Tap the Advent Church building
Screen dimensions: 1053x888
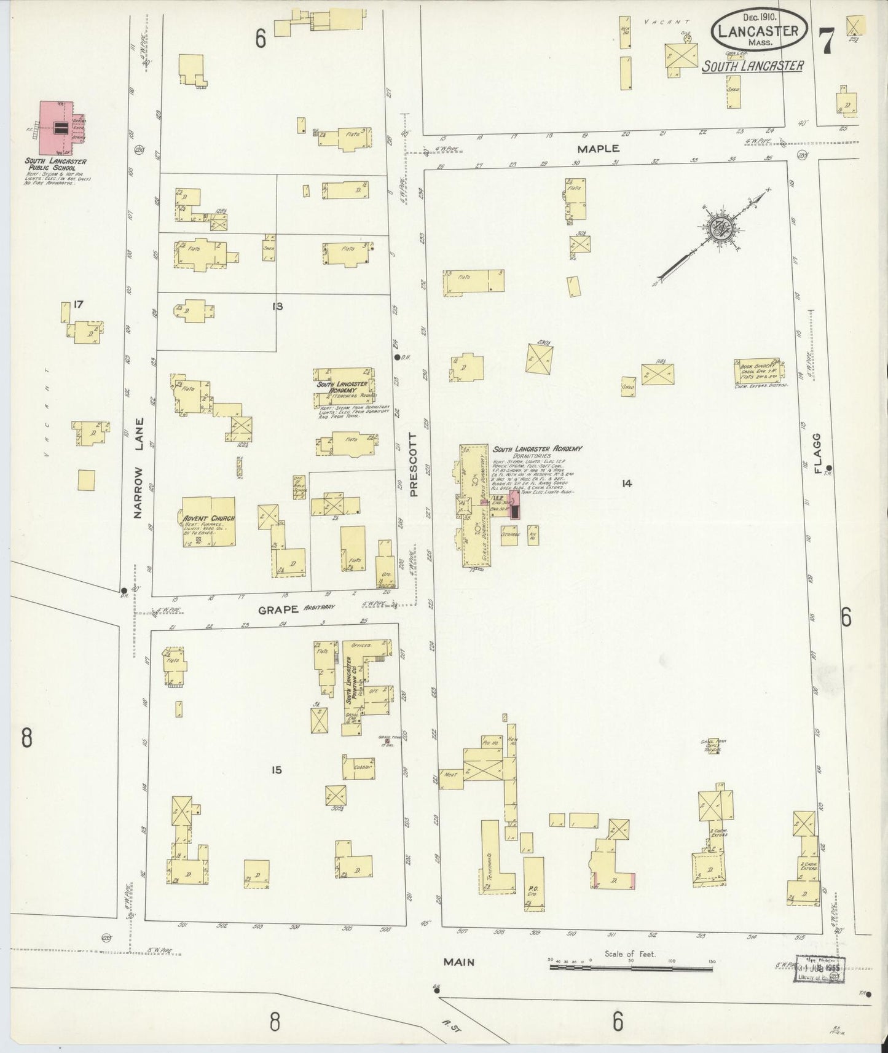click(208, 521)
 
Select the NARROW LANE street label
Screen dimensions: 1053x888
click(139, 467)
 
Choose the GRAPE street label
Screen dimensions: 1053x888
click(278, 610)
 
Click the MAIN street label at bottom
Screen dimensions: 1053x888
click(459, 962)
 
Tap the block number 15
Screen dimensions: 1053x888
click(277, 769)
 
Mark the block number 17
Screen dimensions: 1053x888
click(77, 304)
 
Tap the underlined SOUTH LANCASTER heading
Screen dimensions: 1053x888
click(753, 66)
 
